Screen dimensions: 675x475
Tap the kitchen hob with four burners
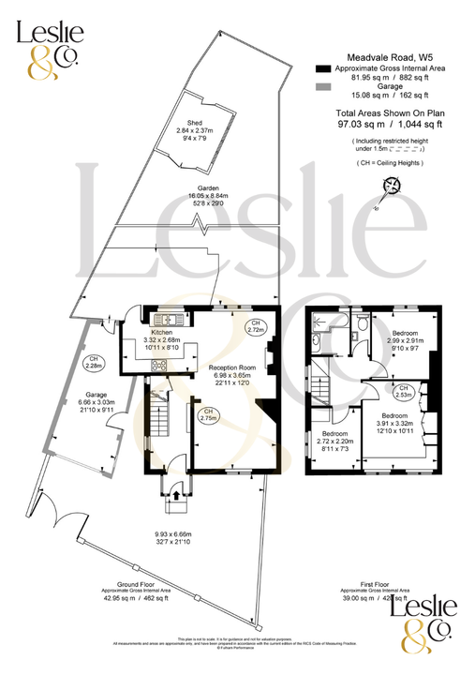[159, 365]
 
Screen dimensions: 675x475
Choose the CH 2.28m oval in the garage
[94, 361]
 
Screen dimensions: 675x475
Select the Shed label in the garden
[195, 123]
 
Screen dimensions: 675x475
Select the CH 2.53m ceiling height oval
[403, 392]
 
